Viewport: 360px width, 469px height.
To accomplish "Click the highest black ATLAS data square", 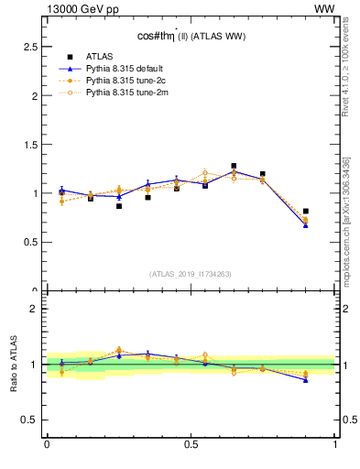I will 234,166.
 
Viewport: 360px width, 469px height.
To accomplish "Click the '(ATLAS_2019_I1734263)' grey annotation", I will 191,273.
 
